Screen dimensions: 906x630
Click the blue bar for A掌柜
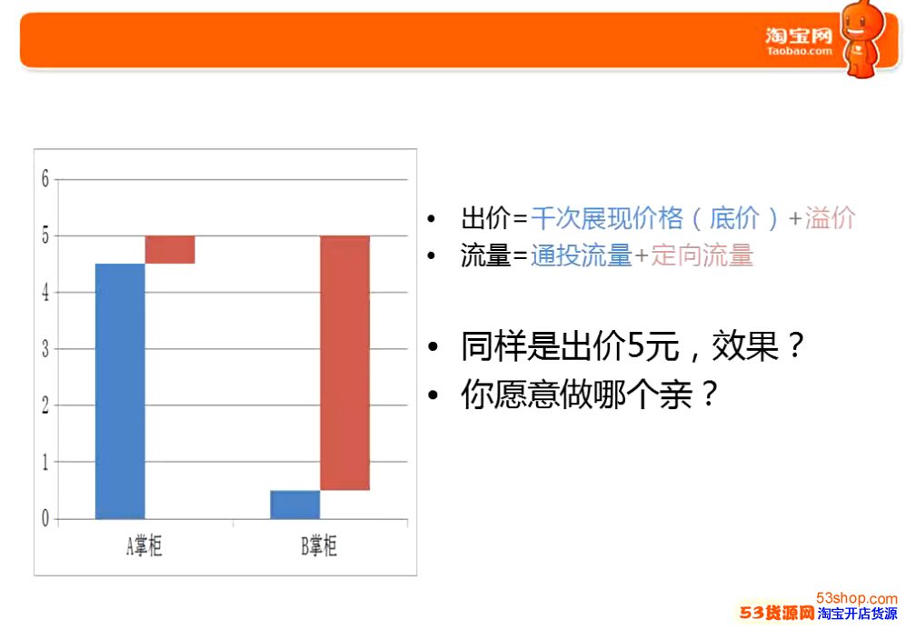tap(120, 391)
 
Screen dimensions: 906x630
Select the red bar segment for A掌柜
tap(170, 250)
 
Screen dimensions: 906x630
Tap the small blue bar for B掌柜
tap(295, 505)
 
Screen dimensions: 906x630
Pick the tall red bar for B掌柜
tap(345, 363)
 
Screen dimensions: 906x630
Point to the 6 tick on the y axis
tap(45, 179)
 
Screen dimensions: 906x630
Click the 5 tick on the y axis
tap(45, 235)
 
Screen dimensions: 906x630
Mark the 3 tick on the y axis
tap(45, 349)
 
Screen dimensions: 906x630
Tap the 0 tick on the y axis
tap(45, 519)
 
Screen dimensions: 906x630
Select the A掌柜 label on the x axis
tap(144, 545)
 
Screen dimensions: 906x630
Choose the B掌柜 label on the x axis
tap(318, 545)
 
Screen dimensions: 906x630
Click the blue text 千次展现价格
tap(607, 218)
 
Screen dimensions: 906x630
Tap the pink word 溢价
tap(830, 218)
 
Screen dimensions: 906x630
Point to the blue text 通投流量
tap(582, 255)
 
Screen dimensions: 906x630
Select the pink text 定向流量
tap(702, 255)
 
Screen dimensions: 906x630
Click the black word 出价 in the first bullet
tap(485, 218)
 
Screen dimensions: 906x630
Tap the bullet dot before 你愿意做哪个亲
tap(433, 395)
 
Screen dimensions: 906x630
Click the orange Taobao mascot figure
tap(863, 38)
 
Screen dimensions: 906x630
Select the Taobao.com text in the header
tap(800, 51)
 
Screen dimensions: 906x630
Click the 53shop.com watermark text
tap(856, 598)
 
